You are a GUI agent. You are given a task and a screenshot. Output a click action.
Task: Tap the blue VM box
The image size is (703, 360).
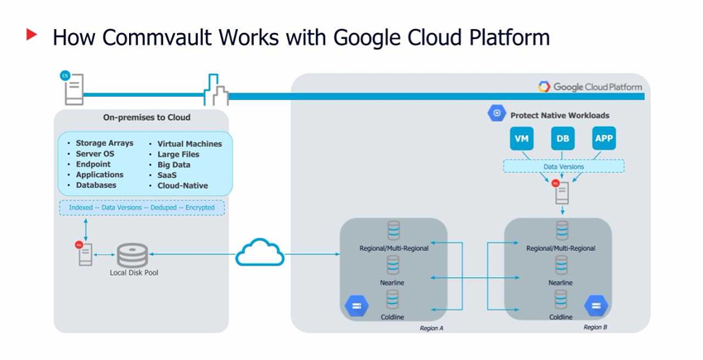(522, 138)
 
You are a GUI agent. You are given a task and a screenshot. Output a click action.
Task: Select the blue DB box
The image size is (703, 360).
(562, 138)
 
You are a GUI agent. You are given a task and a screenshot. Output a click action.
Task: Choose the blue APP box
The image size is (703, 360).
(604, 138)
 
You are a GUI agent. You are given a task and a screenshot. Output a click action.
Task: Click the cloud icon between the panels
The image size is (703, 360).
(260, 252)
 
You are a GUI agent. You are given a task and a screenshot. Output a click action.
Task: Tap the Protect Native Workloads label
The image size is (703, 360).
(559, 115)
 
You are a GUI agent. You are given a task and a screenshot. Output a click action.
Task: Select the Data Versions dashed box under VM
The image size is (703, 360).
(563, 166)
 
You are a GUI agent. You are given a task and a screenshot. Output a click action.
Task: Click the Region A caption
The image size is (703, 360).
(431, 329)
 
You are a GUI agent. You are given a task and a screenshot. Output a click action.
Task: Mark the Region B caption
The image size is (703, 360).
(595, 328)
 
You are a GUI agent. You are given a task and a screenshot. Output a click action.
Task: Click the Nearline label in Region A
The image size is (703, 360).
(393, 283)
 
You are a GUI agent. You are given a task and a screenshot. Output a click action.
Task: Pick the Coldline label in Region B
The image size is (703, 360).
(561, 317)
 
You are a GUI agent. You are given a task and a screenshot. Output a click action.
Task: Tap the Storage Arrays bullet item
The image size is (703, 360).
(104, 143)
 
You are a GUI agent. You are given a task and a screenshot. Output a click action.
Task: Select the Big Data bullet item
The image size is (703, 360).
(175, 165)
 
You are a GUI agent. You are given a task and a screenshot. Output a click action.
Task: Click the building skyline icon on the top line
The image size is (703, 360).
(215, 89)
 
